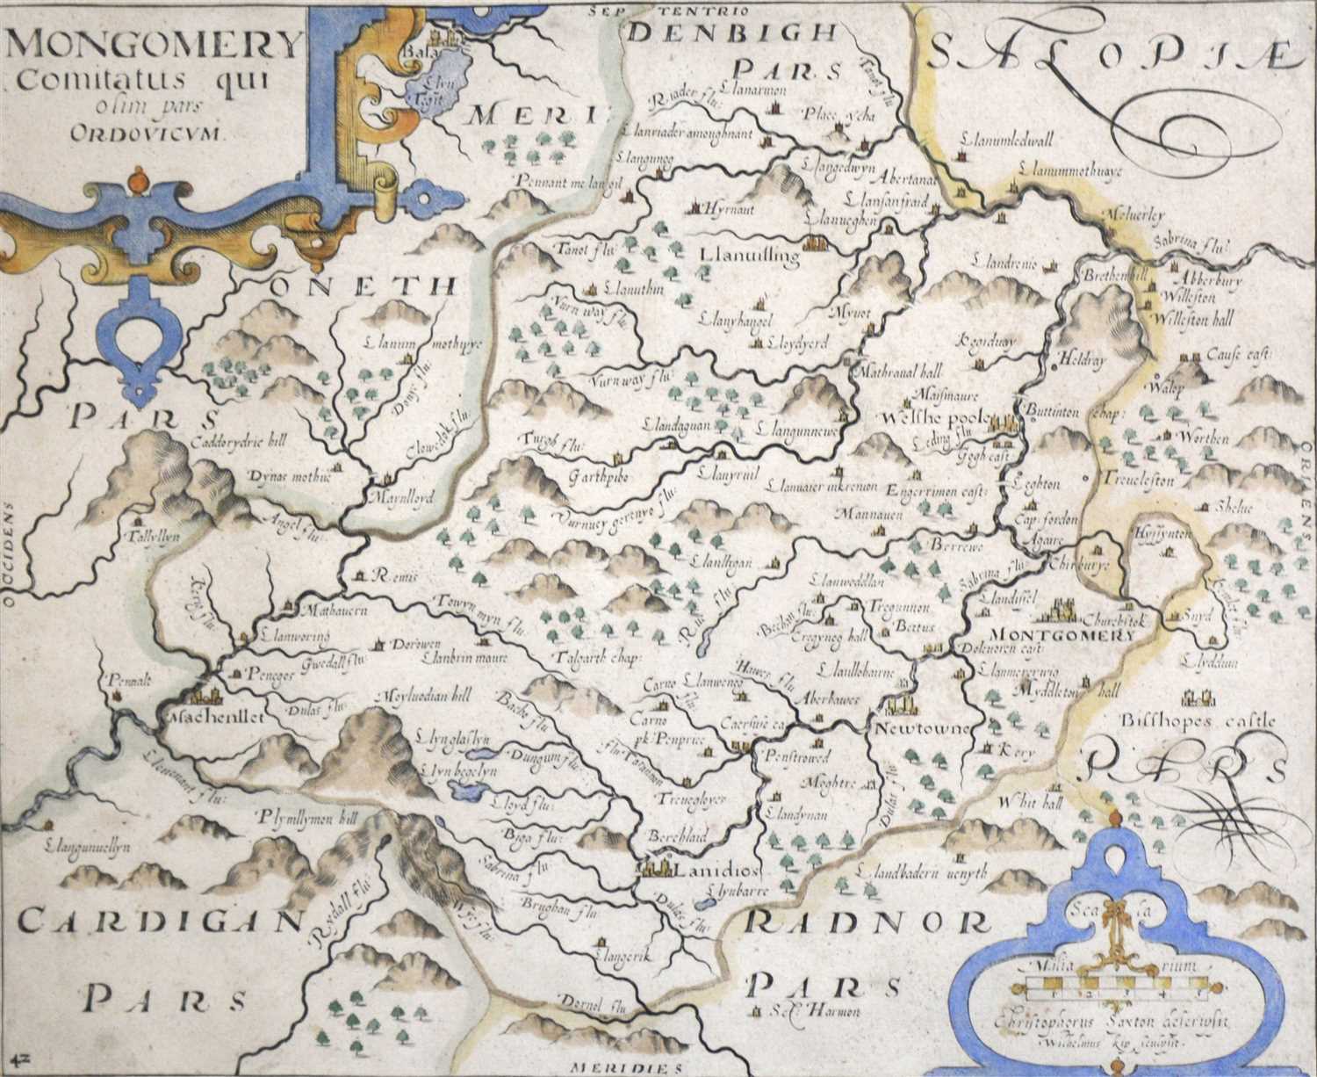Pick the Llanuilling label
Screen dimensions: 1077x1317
pos(749,256)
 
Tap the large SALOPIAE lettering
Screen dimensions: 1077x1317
pos(1111,54)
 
